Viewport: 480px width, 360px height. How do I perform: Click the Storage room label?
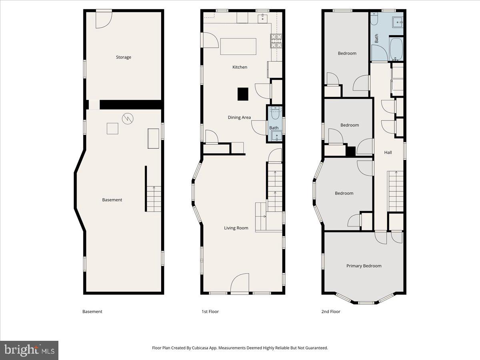tap(123, 57)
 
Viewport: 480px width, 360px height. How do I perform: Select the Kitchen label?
tap(240, 67)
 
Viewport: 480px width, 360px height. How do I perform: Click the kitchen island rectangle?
tap(238, 46)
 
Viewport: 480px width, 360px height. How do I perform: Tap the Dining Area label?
tap(239, 117)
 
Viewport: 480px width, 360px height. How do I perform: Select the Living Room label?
tap(236, 228)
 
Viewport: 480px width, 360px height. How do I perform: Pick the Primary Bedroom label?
tap(364, 266)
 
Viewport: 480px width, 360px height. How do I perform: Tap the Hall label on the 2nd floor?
tap(388, 152)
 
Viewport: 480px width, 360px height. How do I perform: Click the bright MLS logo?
tap(29, 350)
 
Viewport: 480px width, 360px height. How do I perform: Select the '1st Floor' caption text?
tap(210, 312)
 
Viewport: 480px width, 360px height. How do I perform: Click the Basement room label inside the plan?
tap(112, 200)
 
